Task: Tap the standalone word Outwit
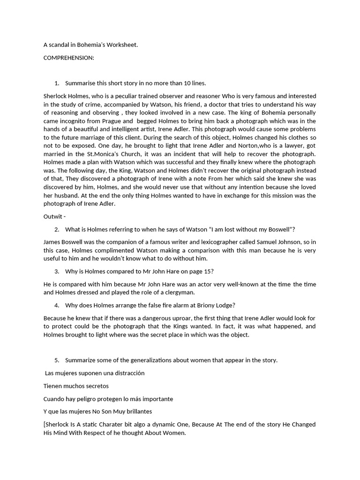(52, 217)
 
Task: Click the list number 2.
(56, 229)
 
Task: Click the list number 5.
(56, 360)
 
